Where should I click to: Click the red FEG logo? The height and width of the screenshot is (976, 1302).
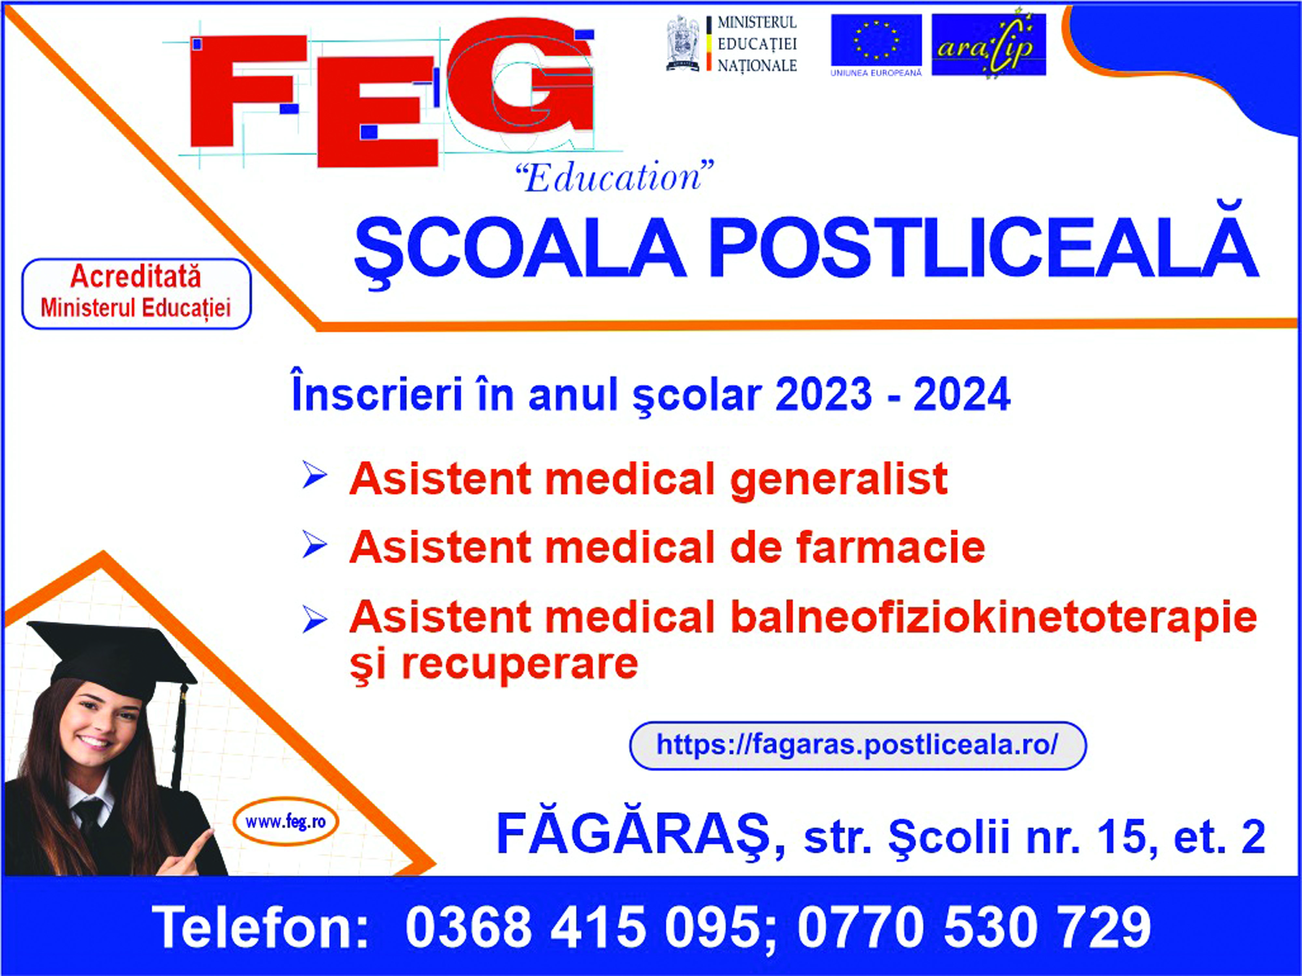392,94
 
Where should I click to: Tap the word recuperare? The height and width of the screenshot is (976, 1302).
520,665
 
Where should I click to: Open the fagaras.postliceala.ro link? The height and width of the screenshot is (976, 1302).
858,745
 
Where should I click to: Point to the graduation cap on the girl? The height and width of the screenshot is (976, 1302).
112,660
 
